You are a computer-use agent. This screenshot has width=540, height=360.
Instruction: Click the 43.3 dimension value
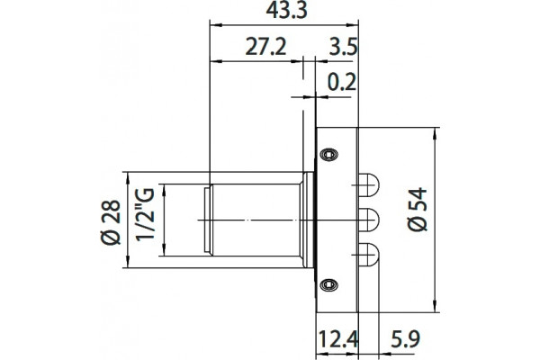tap(286, 10)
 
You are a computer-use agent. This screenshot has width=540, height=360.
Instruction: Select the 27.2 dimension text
tap(265, 47)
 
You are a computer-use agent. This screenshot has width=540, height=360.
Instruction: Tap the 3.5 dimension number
tap(344, 47)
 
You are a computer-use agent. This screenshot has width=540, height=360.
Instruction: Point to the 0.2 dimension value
tap(341, 82)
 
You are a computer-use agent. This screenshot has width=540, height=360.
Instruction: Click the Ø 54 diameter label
tap(417, 210)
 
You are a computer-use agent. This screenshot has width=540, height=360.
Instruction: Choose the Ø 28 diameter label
tap(111, 222)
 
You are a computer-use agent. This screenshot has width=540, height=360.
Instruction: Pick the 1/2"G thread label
tap(145, 214)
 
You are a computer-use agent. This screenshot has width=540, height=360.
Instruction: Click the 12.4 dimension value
tap(337, 339)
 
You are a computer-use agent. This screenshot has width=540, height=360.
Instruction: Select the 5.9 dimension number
tap(405, 339)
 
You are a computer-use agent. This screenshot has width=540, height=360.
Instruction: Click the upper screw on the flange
tap(328, 154)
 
